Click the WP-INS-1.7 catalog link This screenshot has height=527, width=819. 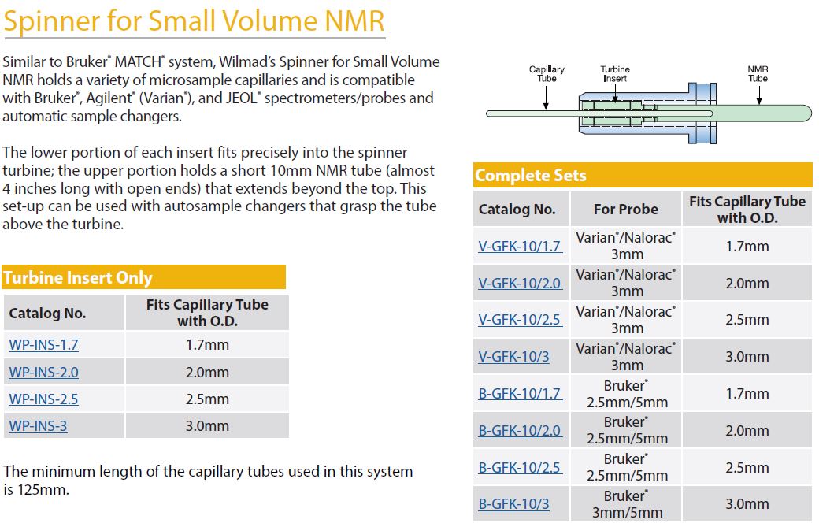[x=43, y=345]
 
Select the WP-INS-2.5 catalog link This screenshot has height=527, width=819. [x=43, y=399]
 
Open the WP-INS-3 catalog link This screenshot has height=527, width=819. [x=38, y=425]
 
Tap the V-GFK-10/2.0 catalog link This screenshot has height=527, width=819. [x=520, y=283]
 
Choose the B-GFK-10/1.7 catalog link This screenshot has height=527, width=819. [x=520, y=393]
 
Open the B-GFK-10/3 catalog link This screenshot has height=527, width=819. [x=514, y=504]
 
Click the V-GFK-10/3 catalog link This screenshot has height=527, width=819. [x=514, y=357]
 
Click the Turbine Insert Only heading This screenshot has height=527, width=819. [x=78, y=277]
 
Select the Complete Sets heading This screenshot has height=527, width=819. [x=531, y=176]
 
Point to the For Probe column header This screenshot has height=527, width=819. [x=626, y=210]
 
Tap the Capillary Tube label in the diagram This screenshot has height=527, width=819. [x=547, y=73]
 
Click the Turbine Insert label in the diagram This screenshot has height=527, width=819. [x=615, y=73]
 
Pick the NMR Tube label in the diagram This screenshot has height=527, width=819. [x=758, y=73]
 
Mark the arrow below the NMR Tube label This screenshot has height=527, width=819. [x=759, y=95]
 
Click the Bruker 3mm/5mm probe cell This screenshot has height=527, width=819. [x=627, y=504]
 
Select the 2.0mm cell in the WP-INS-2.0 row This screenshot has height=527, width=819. [x=207, y=373]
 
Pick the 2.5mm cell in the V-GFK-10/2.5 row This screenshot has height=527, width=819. [x=747, y=320]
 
